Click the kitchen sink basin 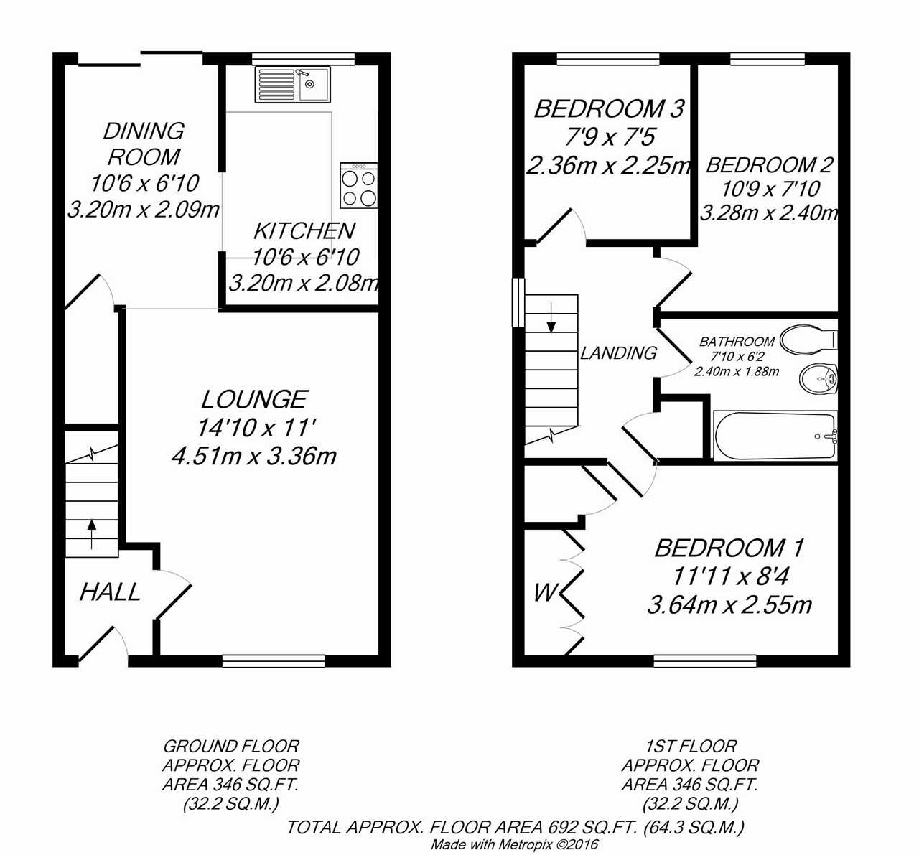coord(314,84)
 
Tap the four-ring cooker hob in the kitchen coord(358,185)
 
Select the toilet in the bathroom coord(808,340)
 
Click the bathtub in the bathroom coord(775,436)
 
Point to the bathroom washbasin coord(818,378)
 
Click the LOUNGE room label coord(254,399)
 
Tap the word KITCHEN coord(304,231)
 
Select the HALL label coord(110,592)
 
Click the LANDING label coord(619,353)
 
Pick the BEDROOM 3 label coord(610,109)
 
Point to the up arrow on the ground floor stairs coord(92,533)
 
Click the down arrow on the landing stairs coord(551,318)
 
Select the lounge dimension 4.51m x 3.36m coord(254,457)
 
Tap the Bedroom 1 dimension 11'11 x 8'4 coord(730,576)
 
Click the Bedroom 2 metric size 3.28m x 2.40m coord(770,213)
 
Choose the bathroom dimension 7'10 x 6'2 coord(737,357)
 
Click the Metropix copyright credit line coord(515,844)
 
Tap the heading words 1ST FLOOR coord(691,746)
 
